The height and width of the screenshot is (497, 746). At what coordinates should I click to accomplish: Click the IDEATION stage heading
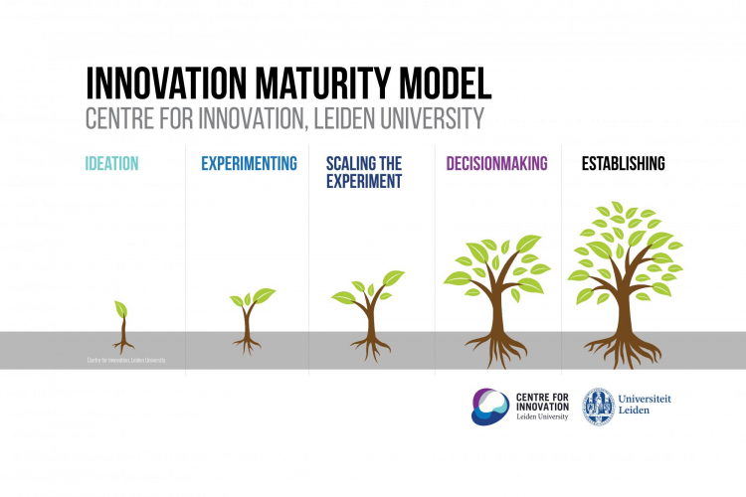[x=112, y=163]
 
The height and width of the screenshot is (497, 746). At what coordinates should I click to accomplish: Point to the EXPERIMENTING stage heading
[x=250, y=163]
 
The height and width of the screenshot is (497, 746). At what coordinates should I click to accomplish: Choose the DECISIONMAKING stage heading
[x=496, y=163]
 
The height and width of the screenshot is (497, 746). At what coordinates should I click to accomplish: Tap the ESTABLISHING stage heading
[x=624, y=163]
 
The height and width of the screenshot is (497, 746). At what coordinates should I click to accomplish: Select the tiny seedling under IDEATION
[x=122, y=323]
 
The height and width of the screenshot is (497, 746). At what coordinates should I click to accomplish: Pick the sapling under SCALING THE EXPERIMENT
[x=370, y=308]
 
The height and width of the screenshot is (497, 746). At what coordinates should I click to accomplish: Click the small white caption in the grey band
[x=124, y=360]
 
